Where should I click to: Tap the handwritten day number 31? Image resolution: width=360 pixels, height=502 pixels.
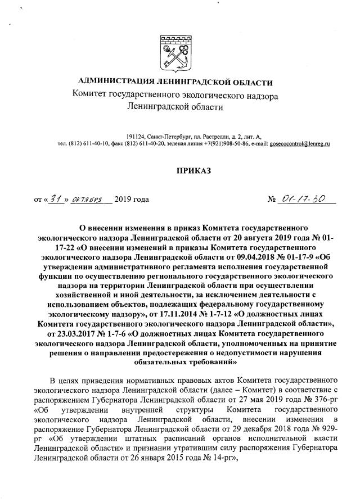pyautogui.click(x=55, y=198)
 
